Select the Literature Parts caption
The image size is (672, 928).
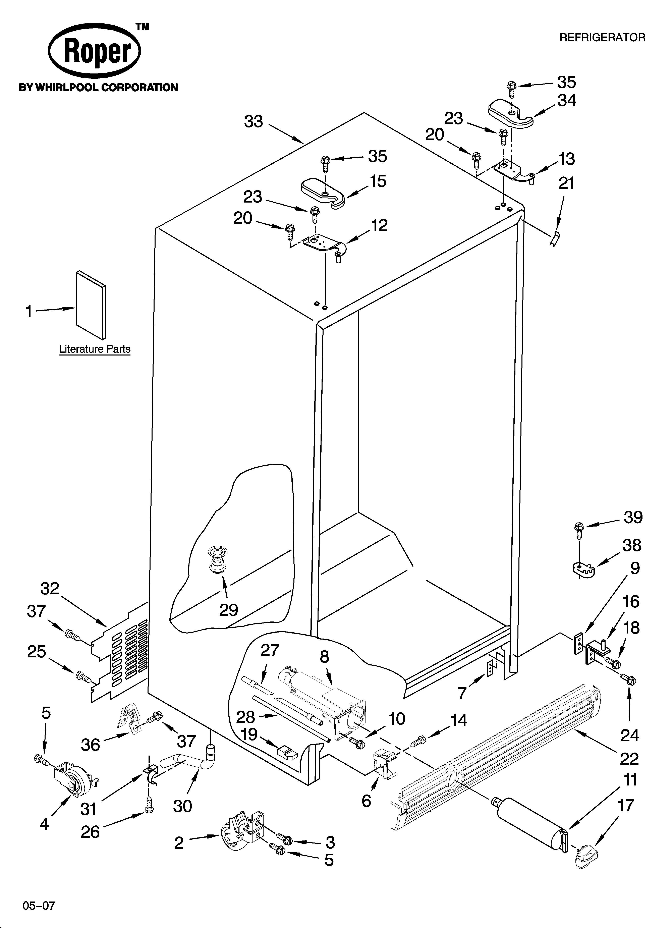95,349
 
